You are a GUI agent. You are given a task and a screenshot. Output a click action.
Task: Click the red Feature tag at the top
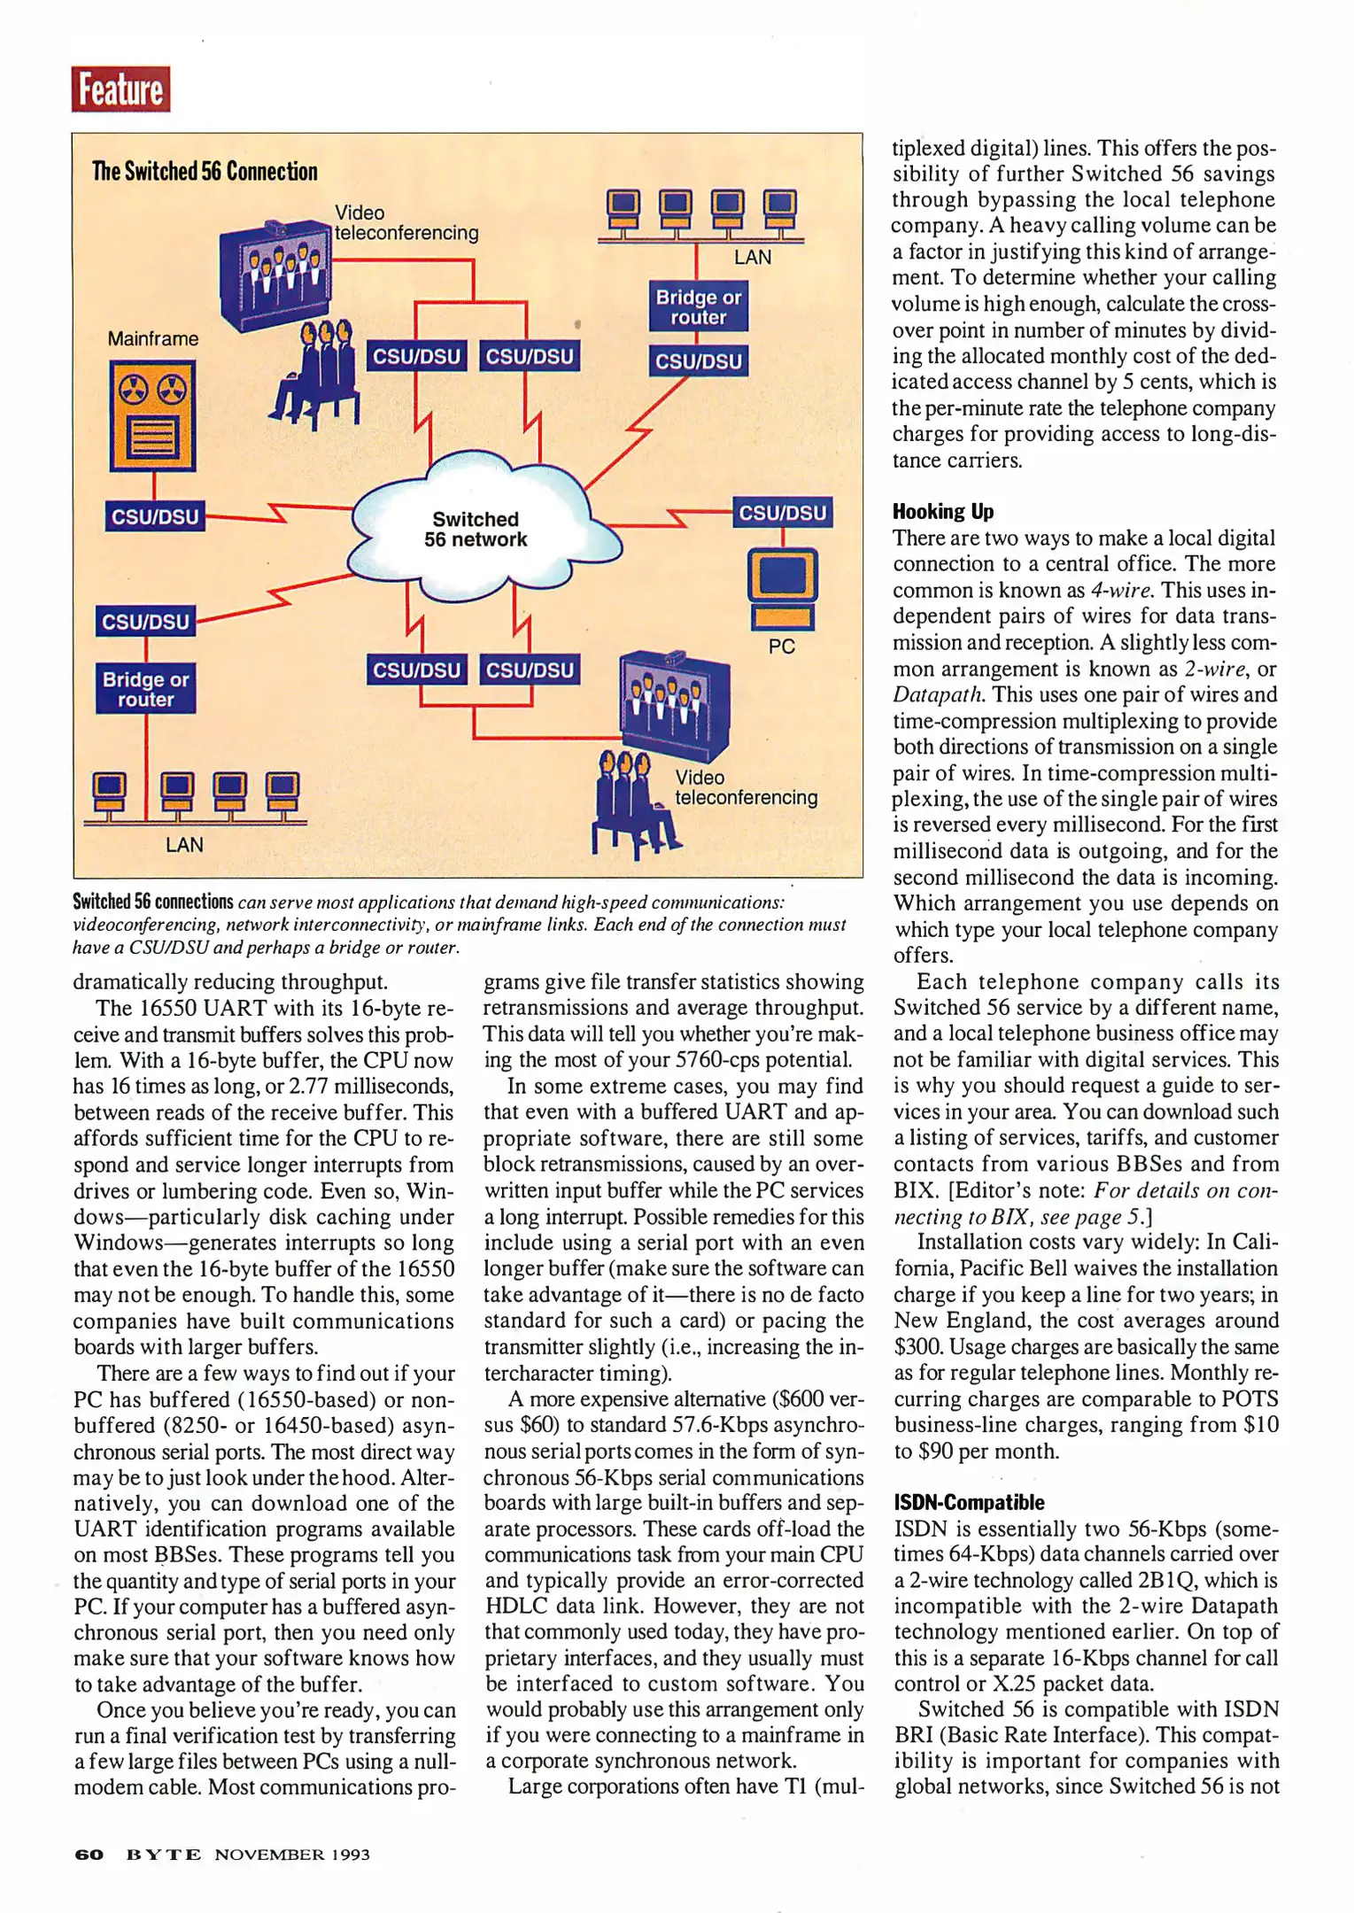click(x=120, y=89)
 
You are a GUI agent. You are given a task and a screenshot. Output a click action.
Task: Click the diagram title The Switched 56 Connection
click(x=205, y=172)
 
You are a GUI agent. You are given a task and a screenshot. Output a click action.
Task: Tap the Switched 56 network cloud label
click(x=476, y=530)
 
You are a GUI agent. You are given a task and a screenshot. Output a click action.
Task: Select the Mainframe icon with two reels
click(x=152, y=415)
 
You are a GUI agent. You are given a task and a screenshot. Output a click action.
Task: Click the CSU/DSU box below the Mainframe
click(x=155, y=516)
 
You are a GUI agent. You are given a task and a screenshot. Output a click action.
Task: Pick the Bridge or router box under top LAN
click(x=698, y=307)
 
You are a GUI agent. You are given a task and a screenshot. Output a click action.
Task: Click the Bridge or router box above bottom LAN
click(x=145, y=689)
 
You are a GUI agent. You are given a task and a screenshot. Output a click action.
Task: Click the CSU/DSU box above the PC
click(x=782, y=513)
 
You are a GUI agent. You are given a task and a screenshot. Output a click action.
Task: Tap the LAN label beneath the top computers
click(x=753, y=258)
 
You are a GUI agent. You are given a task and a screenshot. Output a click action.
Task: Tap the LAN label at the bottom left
click(x=184, y=845)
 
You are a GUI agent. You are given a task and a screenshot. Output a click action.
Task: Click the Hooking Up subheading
click(x=942, y=511)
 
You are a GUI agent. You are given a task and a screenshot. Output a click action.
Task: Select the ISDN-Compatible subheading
click(x=968, y=1502)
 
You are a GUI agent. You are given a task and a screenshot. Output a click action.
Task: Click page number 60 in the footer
click(x=89, y=1855)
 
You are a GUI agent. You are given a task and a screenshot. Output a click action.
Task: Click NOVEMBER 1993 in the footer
click(x=292, y=1855)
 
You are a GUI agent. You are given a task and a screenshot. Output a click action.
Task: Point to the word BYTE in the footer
click(x=164, y=1855)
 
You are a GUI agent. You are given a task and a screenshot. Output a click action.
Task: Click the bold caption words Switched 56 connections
click(x=152, y=902)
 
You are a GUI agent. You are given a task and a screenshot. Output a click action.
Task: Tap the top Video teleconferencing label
click(x=406, y=223)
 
